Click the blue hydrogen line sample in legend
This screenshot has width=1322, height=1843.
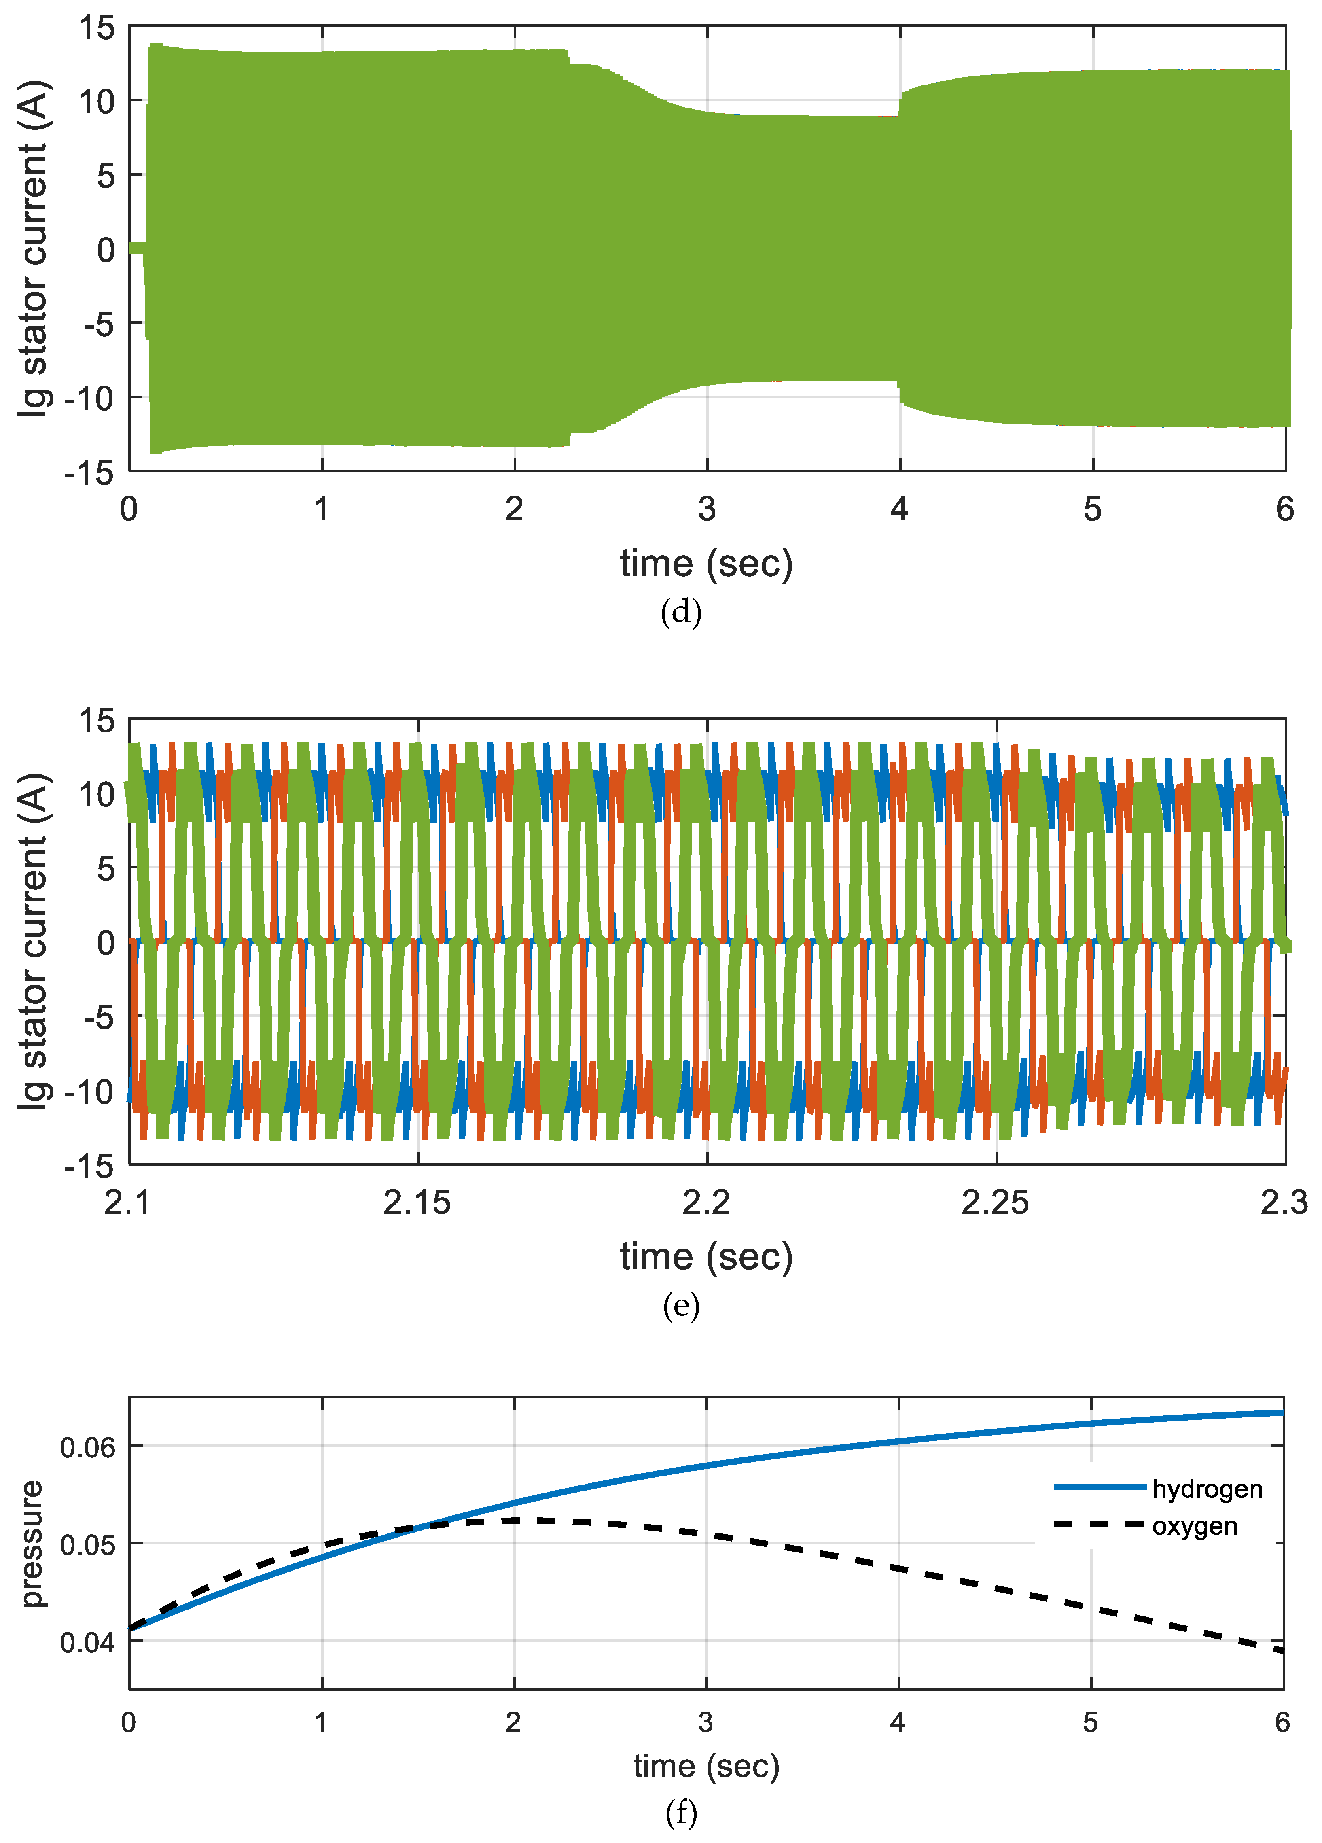[x=1100, y=1487]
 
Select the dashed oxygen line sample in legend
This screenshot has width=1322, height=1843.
[x=1100, y=1525]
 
